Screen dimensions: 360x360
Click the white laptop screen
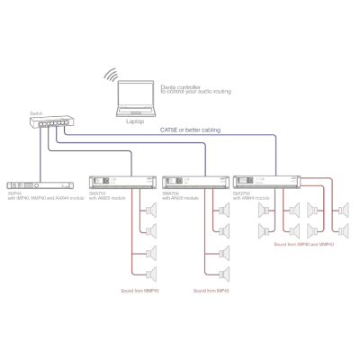point(137,94)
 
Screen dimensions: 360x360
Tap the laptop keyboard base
point(137,112)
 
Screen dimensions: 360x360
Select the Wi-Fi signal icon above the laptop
point(112,78)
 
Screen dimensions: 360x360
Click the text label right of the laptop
point(193,90)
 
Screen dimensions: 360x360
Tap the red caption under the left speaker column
point(140,290)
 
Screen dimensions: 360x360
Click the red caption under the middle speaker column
point(212,290)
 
